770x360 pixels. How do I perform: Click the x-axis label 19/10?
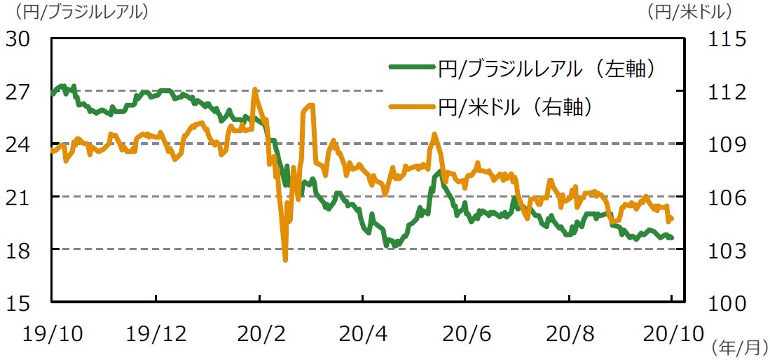(53, 333)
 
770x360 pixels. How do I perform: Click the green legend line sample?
(411, 67)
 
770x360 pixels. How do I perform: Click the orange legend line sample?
(411, 106)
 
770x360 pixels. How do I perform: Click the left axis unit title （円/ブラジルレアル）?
(77, 11)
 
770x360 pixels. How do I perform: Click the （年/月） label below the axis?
(738, 346)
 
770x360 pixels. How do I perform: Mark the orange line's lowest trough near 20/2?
(285, 259)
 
